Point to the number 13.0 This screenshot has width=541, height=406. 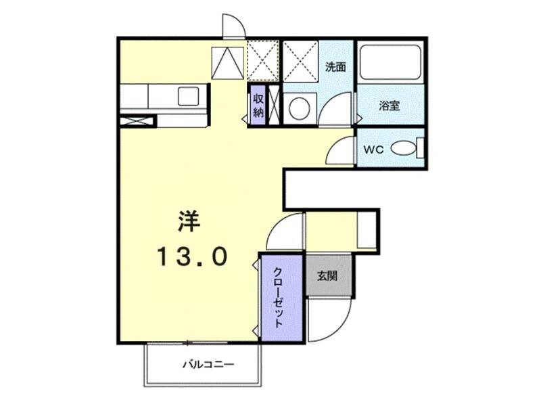[x=192, y=256]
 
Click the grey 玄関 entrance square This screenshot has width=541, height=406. [x=329, y=275]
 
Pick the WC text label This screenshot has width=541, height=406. [x=373, y=150]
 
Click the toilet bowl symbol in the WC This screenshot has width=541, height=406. [x=404, y=148]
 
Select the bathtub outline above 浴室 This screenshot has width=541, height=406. [x=390, y=63]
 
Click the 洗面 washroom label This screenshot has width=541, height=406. [x=335, y=67]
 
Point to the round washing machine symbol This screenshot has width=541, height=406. [x=298, y=107]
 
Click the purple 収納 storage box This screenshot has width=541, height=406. [x=258, y=105]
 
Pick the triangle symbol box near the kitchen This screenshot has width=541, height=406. [x=227, y=62]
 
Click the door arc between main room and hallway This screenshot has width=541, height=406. [x=287, y=232]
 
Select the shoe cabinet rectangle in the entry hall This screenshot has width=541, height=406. [x=366, y=231]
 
